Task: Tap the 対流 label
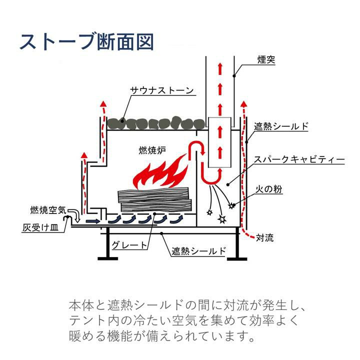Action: click(264, 237)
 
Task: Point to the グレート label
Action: click(129, 245)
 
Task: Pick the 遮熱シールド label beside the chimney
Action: click(282, 126)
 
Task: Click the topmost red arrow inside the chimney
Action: click(219, 67)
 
